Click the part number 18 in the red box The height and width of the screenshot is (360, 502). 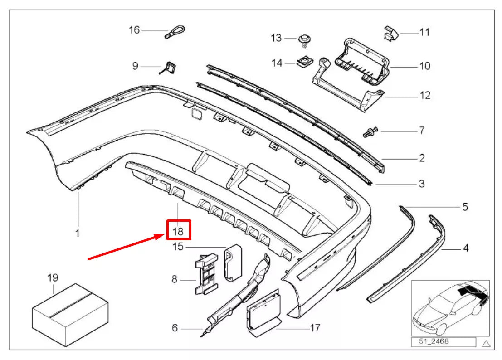[x=178, y=231]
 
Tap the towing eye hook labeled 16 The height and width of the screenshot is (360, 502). [x=175, y=32]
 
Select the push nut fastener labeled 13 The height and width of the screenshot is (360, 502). [x=305, y=40]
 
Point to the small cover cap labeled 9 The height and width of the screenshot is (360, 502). [x=168, y=68]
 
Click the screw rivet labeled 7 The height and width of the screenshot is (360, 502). [x=371, y=131]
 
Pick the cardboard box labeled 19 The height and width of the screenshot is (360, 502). [x=70, y=315]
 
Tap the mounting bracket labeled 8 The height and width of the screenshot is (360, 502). [x=206, y=274]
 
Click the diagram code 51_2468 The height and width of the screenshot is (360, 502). [x=434, y=341]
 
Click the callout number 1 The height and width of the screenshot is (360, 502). [x=77, y=233]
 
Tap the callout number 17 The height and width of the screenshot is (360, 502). [x=315, y=328]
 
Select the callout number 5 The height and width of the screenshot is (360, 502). [x=465, y=207]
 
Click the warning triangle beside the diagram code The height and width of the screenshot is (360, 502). [x=486, y=343]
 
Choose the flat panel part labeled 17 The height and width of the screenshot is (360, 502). [x=263, y=313]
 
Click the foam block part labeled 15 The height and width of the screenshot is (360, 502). [x=233, y=263]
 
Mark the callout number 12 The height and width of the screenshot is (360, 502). [x=425, y=95]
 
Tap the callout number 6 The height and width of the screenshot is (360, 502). [x=175, y=328]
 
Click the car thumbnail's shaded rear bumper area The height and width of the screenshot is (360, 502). [x=474, y=293]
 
